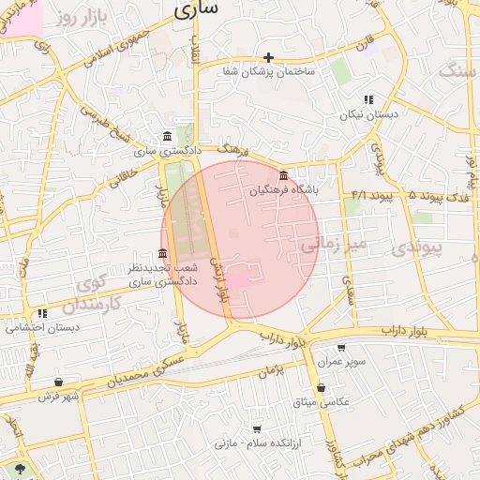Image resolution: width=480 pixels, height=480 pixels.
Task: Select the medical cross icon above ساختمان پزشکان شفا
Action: click(269, 57)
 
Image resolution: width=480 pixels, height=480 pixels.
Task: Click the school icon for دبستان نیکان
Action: click(368, 99)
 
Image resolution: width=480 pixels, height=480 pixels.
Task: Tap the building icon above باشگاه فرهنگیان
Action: click(284, 175)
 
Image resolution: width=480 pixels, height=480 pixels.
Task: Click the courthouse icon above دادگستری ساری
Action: click(167, 137)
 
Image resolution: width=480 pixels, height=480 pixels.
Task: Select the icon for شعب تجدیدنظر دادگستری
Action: click(163, 254)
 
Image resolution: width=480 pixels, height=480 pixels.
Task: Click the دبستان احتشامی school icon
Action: click(42, 314)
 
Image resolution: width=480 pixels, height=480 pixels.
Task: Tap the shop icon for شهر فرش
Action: click(59, 382)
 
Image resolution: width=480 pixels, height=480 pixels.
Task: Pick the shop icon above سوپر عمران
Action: click(340, 347)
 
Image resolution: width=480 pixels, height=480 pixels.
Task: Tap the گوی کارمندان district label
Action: click(94, 294)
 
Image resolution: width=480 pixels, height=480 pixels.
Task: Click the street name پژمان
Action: click(271, 372)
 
